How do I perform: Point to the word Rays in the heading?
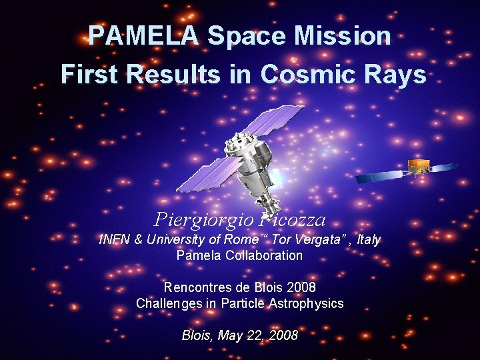click(396, 75)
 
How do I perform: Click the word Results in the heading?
click(173, 75)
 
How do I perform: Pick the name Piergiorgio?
click(199, 219)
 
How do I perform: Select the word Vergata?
click(319, 239)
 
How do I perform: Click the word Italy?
click(369, 239)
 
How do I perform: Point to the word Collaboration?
click(260, 255)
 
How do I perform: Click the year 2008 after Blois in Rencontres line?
click(301, 287)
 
